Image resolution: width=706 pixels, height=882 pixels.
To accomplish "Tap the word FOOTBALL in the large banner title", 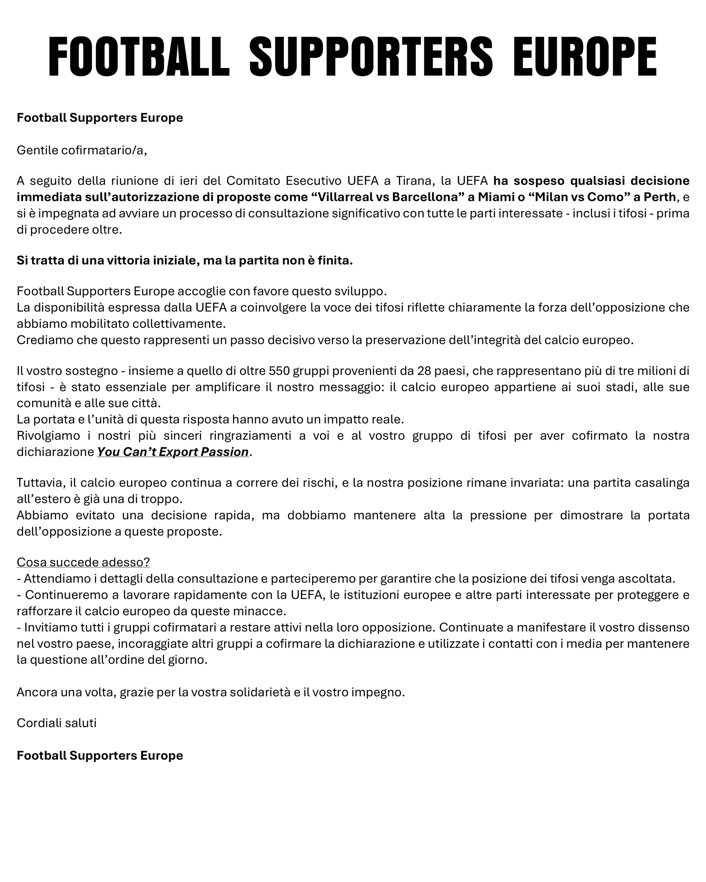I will (x=139, y=57).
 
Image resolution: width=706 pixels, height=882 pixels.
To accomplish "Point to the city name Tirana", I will (x=414, y=180).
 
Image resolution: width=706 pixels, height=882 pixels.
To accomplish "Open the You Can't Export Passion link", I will (x=172, y=452).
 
